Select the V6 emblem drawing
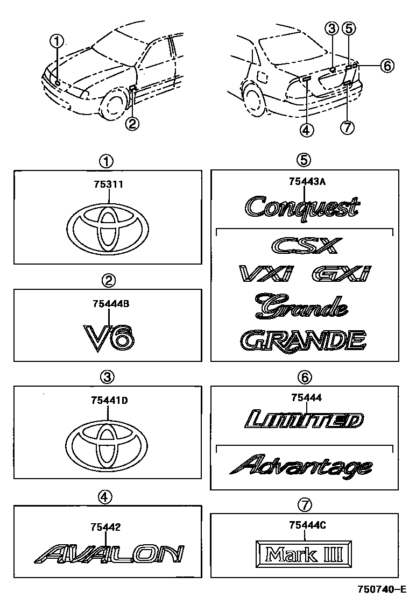109,338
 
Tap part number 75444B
109,304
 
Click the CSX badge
305,247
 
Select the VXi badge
265,274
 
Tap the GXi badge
341,274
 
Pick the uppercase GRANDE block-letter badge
303,341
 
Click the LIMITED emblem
304,420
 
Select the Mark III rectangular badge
305,553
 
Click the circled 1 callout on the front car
57,40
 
